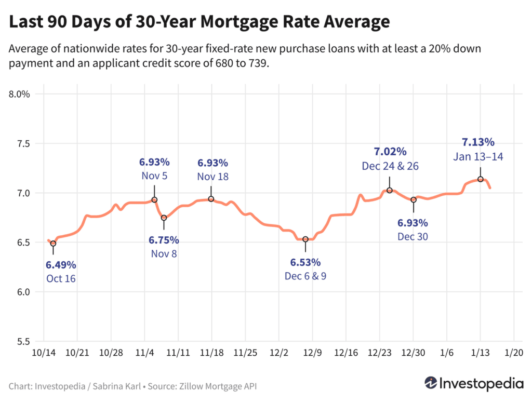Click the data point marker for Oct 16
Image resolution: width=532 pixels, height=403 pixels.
(53, 243)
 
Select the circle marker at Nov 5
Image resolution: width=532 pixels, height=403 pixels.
(154, 200)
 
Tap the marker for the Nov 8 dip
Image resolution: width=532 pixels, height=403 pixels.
(164, 218)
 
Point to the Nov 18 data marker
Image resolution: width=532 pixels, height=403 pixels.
(211, 199)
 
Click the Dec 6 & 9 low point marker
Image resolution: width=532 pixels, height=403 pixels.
(305, 239)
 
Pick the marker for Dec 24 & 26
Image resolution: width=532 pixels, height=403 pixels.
(389, 191)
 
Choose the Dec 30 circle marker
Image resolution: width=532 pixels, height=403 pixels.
(414, 200)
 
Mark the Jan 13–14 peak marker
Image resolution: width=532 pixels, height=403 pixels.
(481, 179)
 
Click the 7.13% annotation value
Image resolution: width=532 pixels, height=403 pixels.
(478, 142)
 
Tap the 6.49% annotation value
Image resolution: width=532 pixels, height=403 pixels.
(61, 265)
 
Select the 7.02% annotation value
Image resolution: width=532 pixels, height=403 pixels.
(390, 152)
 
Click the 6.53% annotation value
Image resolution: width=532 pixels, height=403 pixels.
(305, 262)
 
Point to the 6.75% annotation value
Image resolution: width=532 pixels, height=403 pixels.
(164, 240)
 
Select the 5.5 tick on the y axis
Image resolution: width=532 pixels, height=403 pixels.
(22, 342)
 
